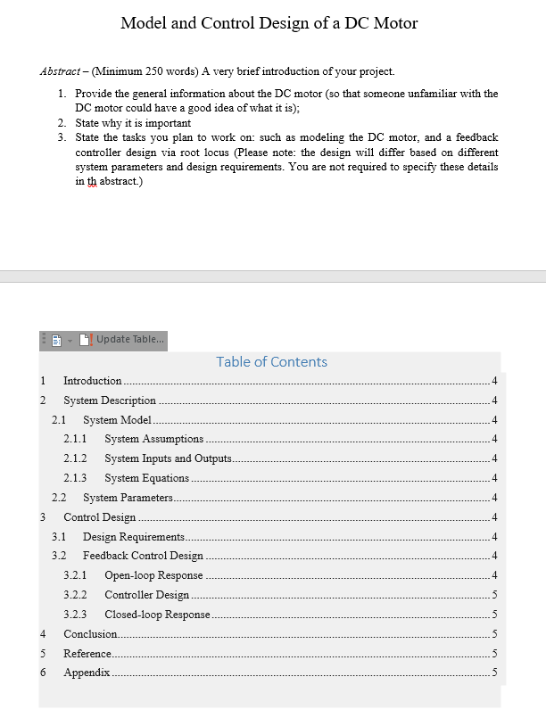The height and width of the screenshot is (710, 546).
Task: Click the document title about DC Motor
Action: click(269, 23)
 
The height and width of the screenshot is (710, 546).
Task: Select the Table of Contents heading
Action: click(271, 361)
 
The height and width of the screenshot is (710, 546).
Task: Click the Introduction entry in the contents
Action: click(93, 381)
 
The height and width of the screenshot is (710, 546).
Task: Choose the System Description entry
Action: click(110, 400)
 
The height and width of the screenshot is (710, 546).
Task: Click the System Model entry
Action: click(118, 419)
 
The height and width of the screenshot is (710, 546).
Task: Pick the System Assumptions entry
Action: click(153, 439)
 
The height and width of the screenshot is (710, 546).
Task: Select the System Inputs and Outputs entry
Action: click(168, 458)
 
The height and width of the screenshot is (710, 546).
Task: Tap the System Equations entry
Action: click(146, 478)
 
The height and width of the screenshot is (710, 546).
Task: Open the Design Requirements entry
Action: click(134, 536)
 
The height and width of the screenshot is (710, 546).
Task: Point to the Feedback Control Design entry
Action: click(143, 556)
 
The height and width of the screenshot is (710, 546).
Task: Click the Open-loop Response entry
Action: click(153, 575)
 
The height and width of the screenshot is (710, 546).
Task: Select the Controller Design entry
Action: click(146, 595)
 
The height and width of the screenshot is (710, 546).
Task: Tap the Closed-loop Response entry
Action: click(157, 615)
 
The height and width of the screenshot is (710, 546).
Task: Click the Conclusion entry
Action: click(90, 633)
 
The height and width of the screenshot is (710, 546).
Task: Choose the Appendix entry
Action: click(87, 672)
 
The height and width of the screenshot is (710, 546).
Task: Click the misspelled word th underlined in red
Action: click(90, 181)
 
